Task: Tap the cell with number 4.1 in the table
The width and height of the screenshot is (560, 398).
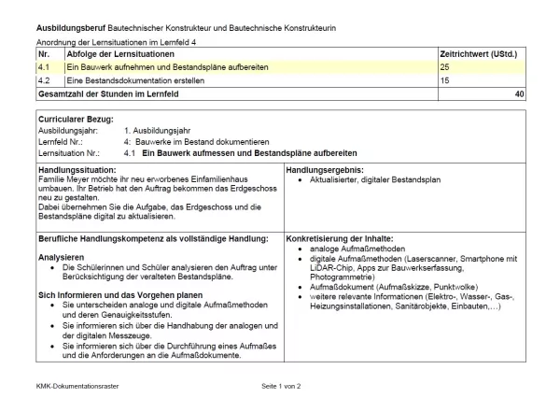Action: [44, 68]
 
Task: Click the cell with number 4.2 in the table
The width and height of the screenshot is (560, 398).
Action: [44, 81]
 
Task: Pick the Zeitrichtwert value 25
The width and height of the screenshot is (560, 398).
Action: [444, 68]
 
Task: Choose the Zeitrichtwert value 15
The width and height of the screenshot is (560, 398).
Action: [444, 81]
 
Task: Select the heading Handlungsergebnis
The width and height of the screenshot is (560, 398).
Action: [324, 170]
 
